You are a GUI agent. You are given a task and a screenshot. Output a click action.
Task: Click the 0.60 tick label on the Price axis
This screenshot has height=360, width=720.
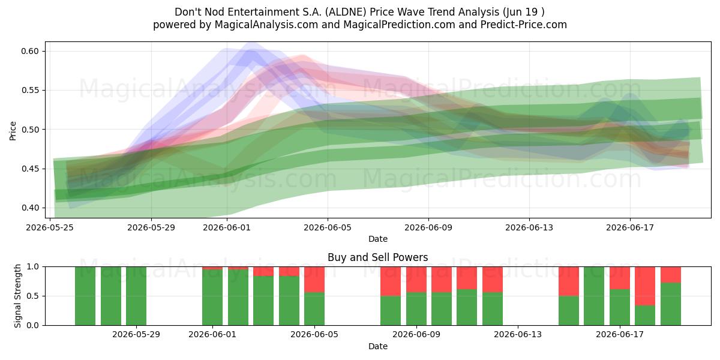30,51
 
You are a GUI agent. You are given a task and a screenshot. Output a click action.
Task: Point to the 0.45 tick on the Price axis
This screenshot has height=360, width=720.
30,169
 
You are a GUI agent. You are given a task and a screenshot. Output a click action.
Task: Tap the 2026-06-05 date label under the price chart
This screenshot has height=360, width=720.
328,227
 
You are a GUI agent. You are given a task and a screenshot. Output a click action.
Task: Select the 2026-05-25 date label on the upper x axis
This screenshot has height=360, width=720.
50,227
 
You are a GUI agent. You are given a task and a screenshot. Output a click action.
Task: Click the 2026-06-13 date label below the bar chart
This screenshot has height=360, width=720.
517,335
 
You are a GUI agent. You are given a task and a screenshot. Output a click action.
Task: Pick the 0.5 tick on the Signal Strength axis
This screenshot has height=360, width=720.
33,296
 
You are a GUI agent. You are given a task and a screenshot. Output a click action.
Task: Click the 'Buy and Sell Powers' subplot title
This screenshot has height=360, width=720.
377,257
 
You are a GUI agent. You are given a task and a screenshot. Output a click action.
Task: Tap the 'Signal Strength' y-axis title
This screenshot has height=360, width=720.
17,296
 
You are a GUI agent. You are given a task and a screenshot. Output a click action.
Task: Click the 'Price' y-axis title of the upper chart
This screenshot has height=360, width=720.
13,131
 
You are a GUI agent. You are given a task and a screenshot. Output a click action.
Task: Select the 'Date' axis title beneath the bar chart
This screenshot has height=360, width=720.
377,346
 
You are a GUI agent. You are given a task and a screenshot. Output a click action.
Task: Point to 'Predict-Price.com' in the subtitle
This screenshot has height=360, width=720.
524,25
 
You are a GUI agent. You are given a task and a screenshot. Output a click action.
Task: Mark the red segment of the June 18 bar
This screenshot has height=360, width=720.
645,286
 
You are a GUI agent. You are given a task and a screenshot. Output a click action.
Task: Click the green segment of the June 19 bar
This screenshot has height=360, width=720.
671,304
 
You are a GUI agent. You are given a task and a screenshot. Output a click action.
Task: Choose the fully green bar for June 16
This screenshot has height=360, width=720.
594,296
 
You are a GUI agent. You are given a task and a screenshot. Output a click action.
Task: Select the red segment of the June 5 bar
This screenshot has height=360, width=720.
314,280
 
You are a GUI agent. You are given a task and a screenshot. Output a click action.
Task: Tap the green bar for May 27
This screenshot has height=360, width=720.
111,296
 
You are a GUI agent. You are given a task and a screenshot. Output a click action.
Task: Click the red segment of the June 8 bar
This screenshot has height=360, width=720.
391,281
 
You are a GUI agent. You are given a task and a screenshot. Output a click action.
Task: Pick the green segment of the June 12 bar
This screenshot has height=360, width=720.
493,309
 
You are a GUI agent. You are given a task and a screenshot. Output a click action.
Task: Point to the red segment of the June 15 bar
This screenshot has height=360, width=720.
569,281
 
